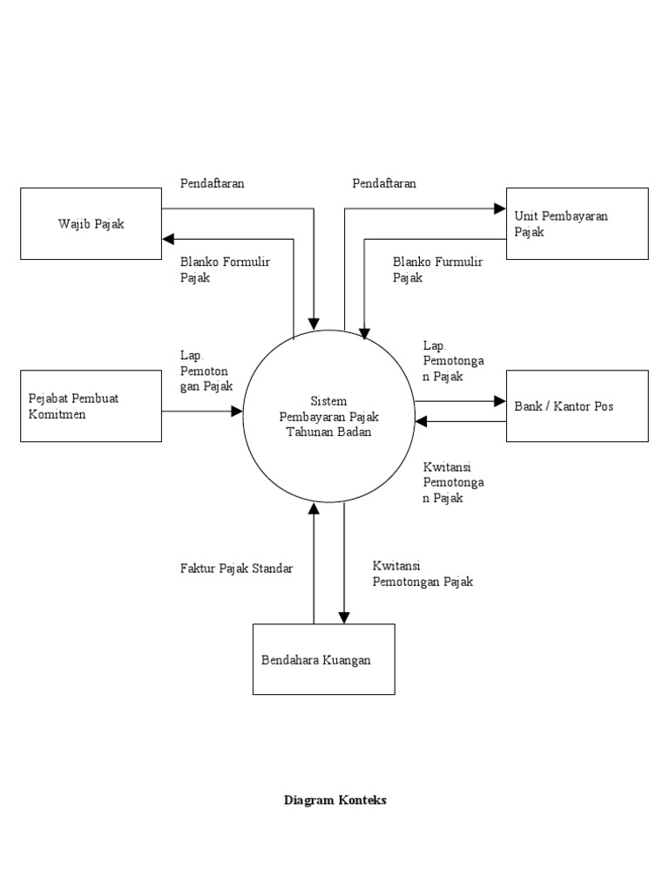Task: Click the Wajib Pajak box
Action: (91, 224)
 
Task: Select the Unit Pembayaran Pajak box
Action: (577, 224)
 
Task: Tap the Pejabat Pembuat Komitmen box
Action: (91, 406)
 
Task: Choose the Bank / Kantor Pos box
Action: (577, 406)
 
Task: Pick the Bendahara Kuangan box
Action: (323, 659)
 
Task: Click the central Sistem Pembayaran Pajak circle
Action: (328, 416)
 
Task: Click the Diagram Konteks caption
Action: (334, 800)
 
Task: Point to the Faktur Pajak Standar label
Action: (236, 569)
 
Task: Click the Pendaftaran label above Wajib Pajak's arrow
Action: (213, 183)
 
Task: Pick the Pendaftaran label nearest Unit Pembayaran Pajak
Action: (384, 183)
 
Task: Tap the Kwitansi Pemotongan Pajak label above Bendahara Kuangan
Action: (422, 574)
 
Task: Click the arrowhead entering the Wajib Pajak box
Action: (168, 238)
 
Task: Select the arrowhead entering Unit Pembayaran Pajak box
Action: (500, 209)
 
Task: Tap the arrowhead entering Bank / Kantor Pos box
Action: (500, 401)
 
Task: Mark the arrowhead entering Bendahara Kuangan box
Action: (345, 617)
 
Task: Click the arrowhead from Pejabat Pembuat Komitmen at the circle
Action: (236, 411)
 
